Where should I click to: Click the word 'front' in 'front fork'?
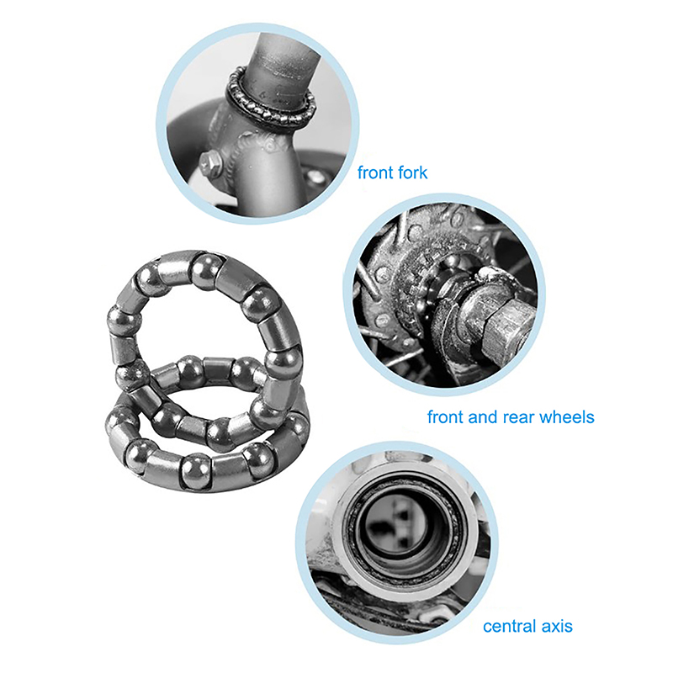point(375,172)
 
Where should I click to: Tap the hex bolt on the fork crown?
point(211,163)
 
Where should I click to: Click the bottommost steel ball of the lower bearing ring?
point(197,471)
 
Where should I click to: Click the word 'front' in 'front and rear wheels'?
point(446,416)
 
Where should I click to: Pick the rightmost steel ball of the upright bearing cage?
point(284,363)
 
